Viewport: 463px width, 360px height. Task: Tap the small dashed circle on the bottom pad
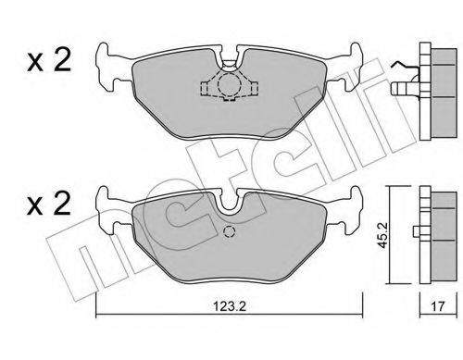(x=230, y=232)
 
